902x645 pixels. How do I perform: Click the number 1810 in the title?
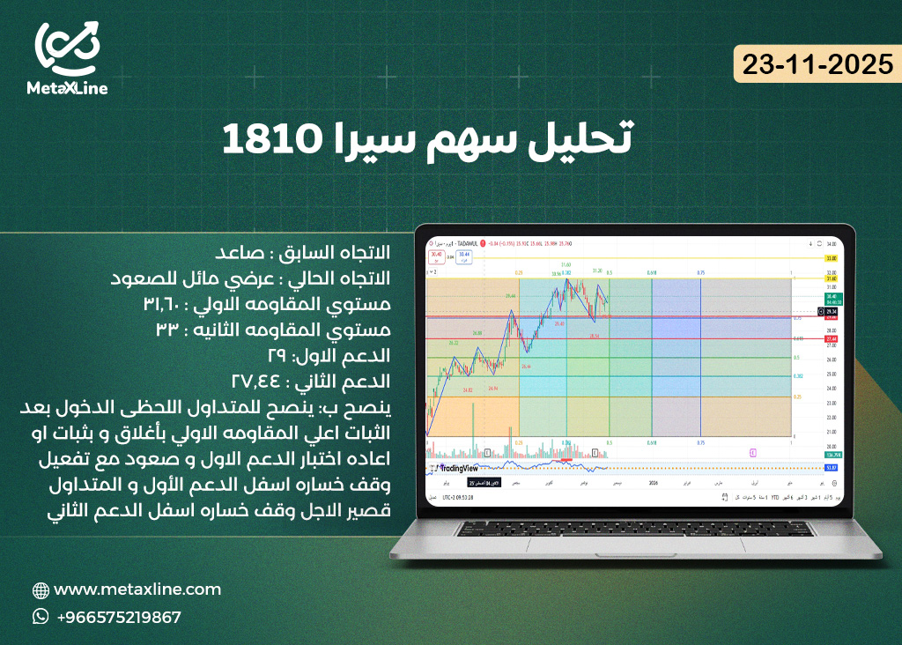tap(268, 137)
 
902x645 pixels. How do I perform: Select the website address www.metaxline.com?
tap(137, 589)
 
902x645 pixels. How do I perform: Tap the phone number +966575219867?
tap(118, 617)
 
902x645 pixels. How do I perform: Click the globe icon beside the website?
tap(41, 590)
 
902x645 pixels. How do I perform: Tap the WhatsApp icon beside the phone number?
tap(41, 617)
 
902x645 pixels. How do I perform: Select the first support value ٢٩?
tap(278, 357)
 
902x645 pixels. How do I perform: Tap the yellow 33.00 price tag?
tap(830, 258)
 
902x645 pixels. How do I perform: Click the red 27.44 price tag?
tap(830, 339)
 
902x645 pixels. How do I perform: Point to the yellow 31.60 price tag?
tap(830, 279)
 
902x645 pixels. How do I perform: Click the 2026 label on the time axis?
tap(653, 484)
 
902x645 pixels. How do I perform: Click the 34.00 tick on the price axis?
tap(830, 243)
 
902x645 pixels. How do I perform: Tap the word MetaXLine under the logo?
tap(67, 88)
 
